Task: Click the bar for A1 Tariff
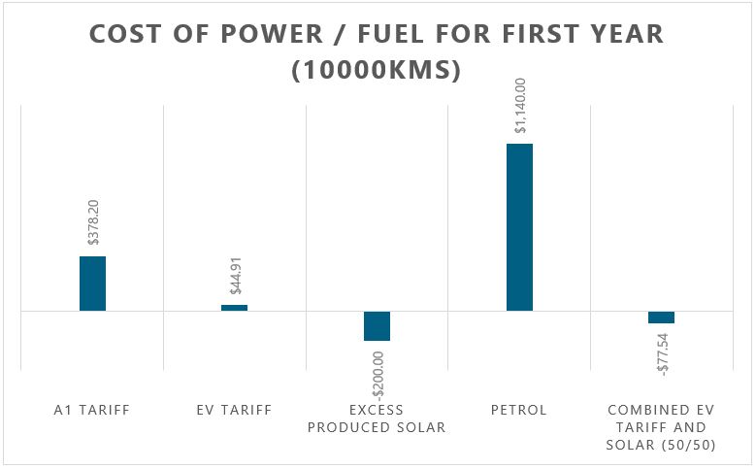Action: pyautogui.click(x=92, y=284)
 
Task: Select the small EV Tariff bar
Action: pyautogui.click(x=234, y=308)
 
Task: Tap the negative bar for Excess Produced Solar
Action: pyautogui.click(x=377, y=326)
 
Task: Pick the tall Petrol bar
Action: pyautogui.click(x=519, y=227)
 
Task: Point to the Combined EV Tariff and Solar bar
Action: pyautogui.click(x=661, y=318)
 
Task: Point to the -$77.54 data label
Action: pyautogui.click(x=663, y=354)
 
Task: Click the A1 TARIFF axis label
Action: pyautogui.click(x=92, y=410)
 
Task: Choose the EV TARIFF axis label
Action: pyautogui.click(x=234, y=410)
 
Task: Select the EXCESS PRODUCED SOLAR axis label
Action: pyautogui.click(x=377, y=419)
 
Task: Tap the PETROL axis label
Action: pyautogui.click(x=518, y=410)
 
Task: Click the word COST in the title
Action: pyautogui.click(x=123, y=34)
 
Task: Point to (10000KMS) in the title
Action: pyautogui.click(x=377, y=71)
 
